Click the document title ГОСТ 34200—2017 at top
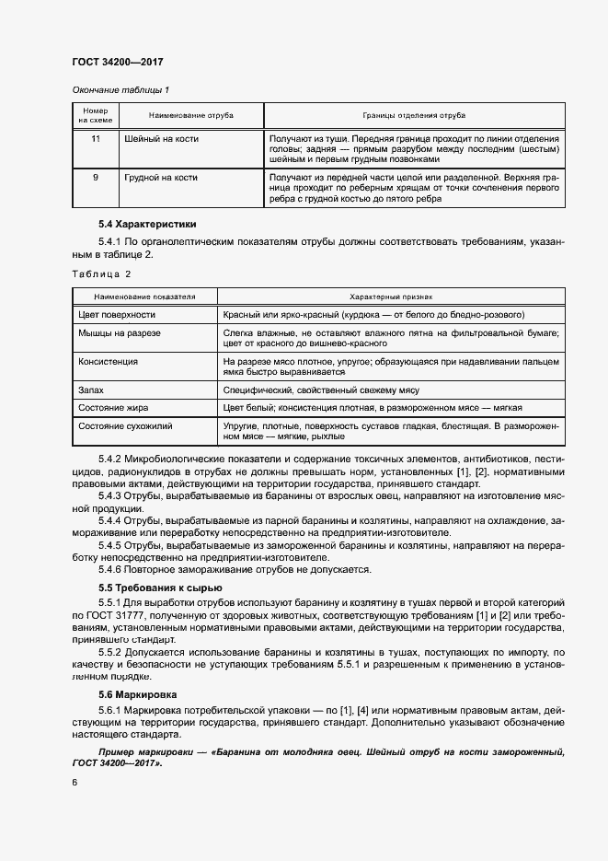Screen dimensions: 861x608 tap(117, 62)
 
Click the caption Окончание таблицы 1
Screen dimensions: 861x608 tap(120, 89)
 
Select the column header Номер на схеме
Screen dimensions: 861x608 tap(95, 116)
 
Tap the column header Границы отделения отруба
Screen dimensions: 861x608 tap(413, 116)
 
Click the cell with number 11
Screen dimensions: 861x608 tap(95, 139)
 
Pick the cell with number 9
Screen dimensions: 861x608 tap(95, 178)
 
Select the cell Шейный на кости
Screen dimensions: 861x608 tap(160, 139)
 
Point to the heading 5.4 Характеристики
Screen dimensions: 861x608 tap(147, 224)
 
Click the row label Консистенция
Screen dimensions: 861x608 tap(109, 363)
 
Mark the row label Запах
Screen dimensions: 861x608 tap(91, 390)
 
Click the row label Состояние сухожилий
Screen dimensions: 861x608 tap(125, 425)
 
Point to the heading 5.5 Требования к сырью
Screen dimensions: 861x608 tap(160, 588)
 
